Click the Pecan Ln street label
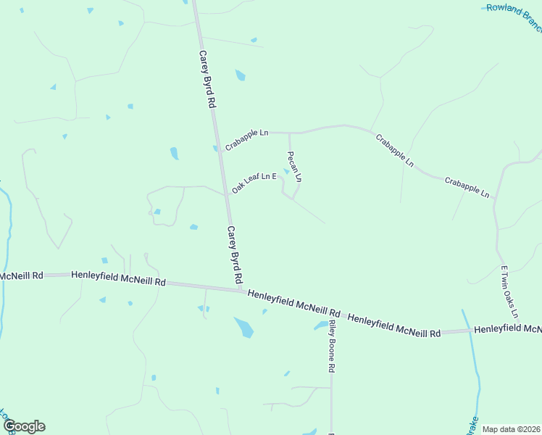click(294, 166)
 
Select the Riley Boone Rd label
click(330, 347)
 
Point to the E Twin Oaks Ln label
click(509, 291)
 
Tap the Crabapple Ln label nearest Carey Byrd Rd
click(246, 140)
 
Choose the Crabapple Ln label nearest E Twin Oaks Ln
click(467, 187)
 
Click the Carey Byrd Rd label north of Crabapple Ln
click(207, 79)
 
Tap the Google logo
click(23, 426)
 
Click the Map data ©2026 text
click(511, 429)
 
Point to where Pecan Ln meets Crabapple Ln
click(289, 133)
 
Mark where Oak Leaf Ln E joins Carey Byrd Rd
click(225, 195)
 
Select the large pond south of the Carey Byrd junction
click(244, 327)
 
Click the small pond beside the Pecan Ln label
click(287, 172)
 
